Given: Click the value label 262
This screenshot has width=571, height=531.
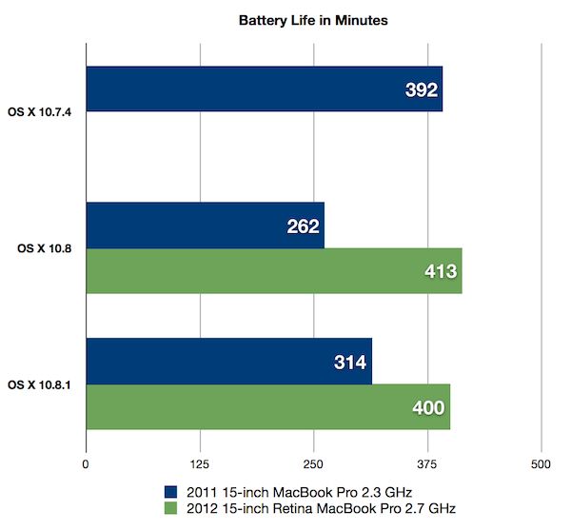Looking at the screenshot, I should pyautogui.click(x=301, y=226).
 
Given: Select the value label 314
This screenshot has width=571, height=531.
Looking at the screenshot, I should pyautogui.click(x=348, y=362).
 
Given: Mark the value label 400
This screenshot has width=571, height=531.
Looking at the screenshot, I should pyautogui.click(x=426, y=407).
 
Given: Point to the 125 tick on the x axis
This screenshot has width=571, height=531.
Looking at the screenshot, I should pyautogui.click(x=199, y=464).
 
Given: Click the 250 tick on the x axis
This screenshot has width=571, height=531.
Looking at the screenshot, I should pyautogui.click(x=313, y=464).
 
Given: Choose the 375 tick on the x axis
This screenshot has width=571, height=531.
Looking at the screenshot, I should pyautogui.click(x=427, y=464).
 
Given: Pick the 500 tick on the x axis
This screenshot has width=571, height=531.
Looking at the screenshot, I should pyautogui.click(x=541, y=464).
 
